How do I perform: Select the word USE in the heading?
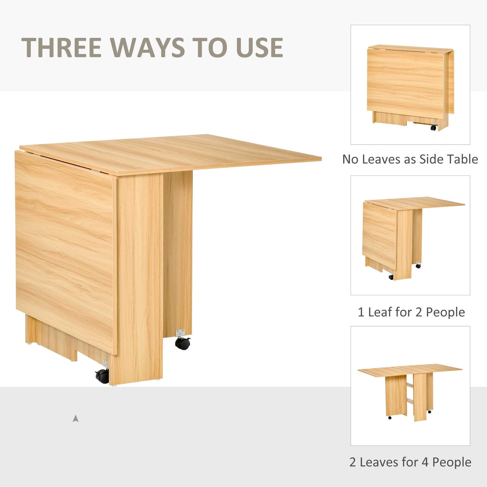click(x=260, y=48)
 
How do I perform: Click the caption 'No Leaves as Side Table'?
click(x=410, y=159)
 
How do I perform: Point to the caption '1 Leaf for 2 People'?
click(x=411, y=312)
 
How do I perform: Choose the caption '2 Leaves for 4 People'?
click(x=410, y=462)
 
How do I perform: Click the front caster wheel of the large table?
click(x=102, y=375)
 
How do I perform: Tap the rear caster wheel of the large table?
click(x=183, y=343)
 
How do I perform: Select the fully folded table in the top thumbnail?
click(x=410, y=86)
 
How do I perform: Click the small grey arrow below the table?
click(x=75, y=419)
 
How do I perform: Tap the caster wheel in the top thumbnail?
click(x=433, y=128)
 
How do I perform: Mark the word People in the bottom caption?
click(x=452, y=462)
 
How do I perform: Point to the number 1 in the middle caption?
click(x=361, y=312)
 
